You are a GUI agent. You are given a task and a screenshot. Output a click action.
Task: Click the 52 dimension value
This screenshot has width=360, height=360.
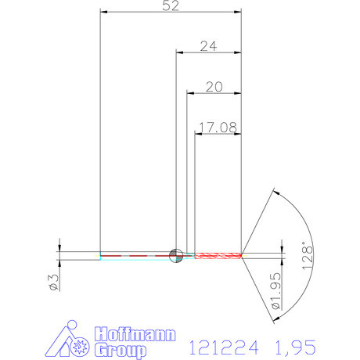click(171, 6)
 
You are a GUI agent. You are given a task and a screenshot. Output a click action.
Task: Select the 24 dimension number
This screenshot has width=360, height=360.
click(208, 46)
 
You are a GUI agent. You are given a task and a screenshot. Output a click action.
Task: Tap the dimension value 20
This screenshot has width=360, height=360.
click(214, 86)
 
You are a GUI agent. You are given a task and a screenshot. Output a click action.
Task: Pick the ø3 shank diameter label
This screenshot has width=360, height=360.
click(53, 280)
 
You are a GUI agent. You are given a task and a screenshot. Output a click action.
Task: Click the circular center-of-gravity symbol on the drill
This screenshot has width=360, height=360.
click(177, 254)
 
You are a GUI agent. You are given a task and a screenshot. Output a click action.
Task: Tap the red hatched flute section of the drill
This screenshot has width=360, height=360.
click(219, 254)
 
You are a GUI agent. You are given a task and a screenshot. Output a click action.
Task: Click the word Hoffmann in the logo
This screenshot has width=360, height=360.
click(133, 334)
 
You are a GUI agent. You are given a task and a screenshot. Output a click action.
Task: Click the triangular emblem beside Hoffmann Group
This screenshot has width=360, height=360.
click(75, 341)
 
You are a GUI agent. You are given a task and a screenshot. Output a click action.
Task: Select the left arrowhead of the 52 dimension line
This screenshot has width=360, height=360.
click(105, 13)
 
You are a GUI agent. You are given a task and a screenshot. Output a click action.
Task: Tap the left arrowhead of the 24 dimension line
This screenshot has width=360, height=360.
click(179, 52)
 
